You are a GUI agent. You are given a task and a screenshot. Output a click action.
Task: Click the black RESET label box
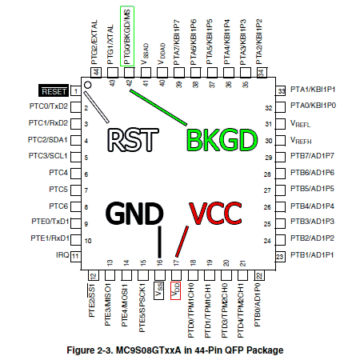coord(54,90)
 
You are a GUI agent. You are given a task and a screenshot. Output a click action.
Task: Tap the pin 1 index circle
coord(87,85)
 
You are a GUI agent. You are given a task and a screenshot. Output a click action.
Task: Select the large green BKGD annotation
coord(222,140)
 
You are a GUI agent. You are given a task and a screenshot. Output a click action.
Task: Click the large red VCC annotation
coord(215,214)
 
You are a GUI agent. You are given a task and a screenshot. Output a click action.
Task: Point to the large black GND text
coord(134,214)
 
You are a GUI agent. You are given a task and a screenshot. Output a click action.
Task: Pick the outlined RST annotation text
coord(133,140)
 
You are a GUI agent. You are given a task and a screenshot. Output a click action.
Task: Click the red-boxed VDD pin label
coord(175,290)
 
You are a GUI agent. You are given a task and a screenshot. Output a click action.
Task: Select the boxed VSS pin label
coord(159,290)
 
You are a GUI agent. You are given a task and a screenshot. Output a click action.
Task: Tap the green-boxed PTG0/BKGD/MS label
coord(127,36)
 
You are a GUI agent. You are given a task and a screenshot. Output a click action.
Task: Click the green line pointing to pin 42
coord(158,107)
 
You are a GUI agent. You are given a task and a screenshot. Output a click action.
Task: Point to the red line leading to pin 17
coord(182,242)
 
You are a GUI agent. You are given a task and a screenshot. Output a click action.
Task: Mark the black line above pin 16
coord(160,242)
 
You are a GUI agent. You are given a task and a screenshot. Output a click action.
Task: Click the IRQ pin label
coord(62,255)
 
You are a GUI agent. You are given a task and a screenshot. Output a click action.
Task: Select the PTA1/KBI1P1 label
coord(313,90)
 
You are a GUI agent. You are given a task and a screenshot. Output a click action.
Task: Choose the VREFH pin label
coord(301,140)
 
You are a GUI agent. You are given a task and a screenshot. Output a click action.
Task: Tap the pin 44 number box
coord(96,72)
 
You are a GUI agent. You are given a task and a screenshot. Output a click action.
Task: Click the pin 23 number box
coord(280,257)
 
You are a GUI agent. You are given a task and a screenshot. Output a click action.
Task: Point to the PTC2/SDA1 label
coord(47,140)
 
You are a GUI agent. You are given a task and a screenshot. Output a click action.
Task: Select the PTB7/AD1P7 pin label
coord(312,156)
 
